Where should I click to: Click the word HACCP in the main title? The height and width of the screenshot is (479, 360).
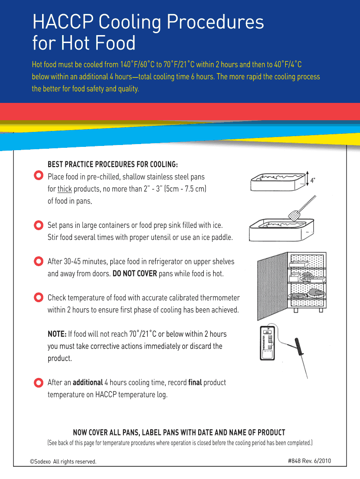tap(63, 22)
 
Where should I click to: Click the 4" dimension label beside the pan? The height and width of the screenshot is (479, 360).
tap(313, 181)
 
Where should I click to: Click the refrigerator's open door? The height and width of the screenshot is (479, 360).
tap(273, 286)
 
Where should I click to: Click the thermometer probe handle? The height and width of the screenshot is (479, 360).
tap(299, 347)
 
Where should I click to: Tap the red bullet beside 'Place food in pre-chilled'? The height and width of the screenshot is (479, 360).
tap(38, 175)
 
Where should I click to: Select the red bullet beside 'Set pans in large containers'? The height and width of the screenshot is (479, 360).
tap(38, 225)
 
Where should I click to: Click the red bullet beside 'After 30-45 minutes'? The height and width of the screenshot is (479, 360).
tap(38, 261)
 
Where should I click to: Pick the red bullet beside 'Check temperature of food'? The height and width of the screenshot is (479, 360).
tap(38, 297)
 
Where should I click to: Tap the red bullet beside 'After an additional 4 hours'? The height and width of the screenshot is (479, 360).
tap(38, 383)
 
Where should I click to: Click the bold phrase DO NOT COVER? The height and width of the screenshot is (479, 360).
tap(135, 273)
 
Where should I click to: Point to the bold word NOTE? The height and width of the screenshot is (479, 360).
tap(57, 334)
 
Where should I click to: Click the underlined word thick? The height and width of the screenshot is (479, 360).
tap(65, 189)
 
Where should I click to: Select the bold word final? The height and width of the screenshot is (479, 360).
tap(195, 383)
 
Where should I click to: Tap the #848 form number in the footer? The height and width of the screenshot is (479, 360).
tap(295, 461)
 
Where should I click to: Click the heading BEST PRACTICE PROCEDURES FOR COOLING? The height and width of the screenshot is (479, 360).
tap(113, 164)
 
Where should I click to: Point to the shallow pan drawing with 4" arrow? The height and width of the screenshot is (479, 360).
tap(278, 182)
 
